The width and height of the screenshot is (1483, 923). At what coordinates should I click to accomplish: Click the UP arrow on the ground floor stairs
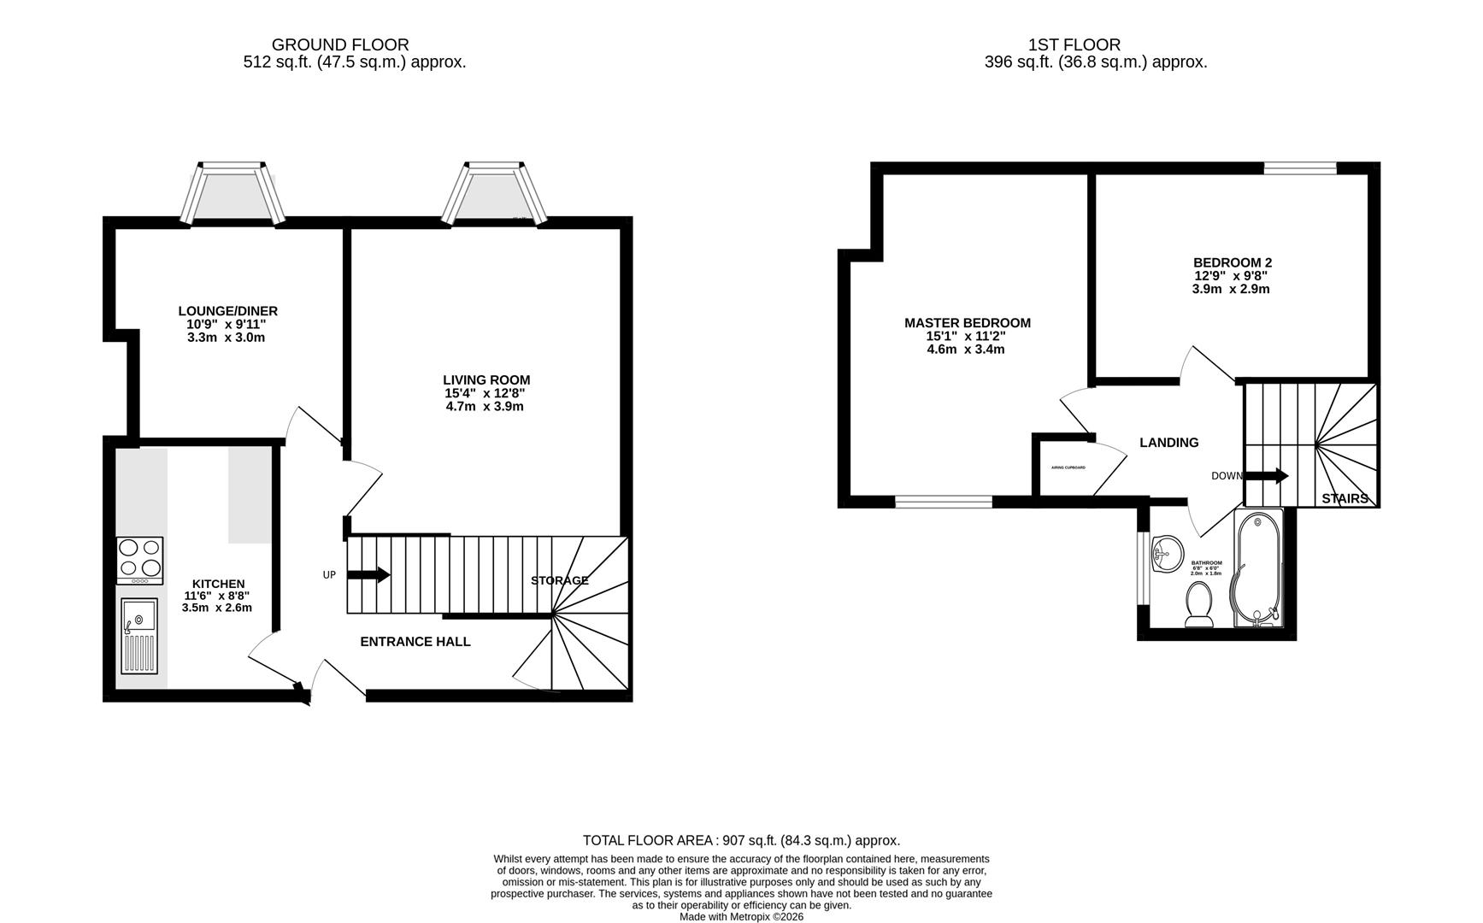coord(368,575)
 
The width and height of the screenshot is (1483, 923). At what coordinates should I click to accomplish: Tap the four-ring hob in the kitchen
coord(139,560)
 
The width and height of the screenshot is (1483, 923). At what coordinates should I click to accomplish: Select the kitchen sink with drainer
coord(139,636)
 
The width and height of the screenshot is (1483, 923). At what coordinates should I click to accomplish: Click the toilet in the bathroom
coord(1198,604)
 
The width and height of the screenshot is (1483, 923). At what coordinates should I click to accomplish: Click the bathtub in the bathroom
coord(1258,568)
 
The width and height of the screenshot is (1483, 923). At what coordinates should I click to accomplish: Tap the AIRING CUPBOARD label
coord(1068,467)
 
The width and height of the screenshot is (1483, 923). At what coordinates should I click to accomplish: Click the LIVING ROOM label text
coord(486,379)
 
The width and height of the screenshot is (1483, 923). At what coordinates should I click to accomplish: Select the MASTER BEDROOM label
coord(967,322)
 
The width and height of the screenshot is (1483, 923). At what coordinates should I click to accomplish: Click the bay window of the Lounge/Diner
coord(230,193)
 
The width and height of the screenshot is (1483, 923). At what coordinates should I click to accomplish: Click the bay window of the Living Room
coord(494,193)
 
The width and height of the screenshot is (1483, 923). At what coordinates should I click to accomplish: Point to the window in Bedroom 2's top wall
coord(1300,168)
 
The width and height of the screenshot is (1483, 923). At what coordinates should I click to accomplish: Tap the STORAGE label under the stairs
coord(559,580)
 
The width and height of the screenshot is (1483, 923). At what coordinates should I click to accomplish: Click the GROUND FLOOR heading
coord(340,44)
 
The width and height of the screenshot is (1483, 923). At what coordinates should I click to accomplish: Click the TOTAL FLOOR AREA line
coord(741,840)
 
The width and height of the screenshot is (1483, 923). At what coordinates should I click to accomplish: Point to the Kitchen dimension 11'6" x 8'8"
coord(217,596)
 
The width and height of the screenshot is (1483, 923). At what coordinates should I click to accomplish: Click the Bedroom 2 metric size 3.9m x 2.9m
coord(1231,289)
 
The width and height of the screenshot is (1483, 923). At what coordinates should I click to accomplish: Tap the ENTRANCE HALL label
coord(415,642)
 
